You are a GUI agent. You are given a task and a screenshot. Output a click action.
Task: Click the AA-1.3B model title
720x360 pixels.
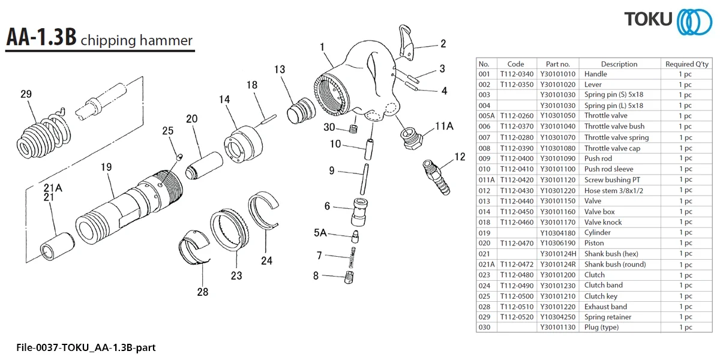(41, 38)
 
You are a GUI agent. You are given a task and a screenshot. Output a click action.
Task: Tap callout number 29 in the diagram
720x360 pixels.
(26, 94)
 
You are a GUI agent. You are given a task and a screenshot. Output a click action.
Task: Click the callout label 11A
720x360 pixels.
(445, 126)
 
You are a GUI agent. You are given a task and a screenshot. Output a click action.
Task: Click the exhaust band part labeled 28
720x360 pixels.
(196, 246)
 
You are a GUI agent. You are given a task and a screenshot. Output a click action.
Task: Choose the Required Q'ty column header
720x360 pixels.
(686, 64)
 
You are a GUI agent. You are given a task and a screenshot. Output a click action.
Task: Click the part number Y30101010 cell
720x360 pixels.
(557, 74)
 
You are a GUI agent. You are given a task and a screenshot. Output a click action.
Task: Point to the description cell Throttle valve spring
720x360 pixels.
(616, 137)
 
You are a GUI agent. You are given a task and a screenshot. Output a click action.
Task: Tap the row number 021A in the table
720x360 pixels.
(486, 264)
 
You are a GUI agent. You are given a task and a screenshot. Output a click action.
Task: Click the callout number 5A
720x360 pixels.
(320, 232)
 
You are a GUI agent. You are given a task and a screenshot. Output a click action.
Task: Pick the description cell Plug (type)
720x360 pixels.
(601, 328)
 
